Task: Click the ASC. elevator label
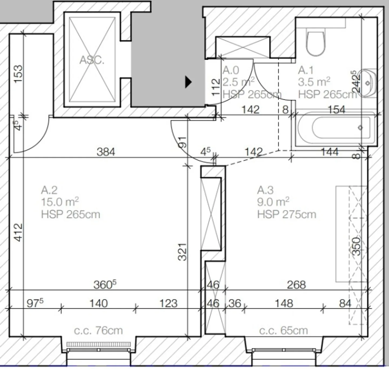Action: [92, 60]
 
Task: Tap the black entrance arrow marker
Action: [188, 82]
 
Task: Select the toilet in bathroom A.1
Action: [316, 43]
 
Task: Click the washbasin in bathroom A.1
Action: [367, 83]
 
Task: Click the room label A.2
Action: [49, 190]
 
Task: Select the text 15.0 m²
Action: [60, 202]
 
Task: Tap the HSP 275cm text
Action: [286, 214]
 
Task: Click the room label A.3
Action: [265, 190]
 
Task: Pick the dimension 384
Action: [106, 152]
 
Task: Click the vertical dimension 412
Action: [18, 232]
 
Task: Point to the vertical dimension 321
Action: [182, 252]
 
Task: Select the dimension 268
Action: [296, 285]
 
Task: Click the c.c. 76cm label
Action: [98, 330]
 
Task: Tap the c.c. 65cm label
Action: [283, 330]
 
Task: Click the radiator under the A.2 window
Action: [99, 344]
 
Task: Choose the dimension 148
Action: [284, 303]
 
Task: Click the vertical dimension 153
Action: [18, 74]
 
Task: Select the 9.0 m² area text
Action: [273, 202]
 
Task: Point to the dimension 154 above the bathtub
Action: [336, 109]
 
